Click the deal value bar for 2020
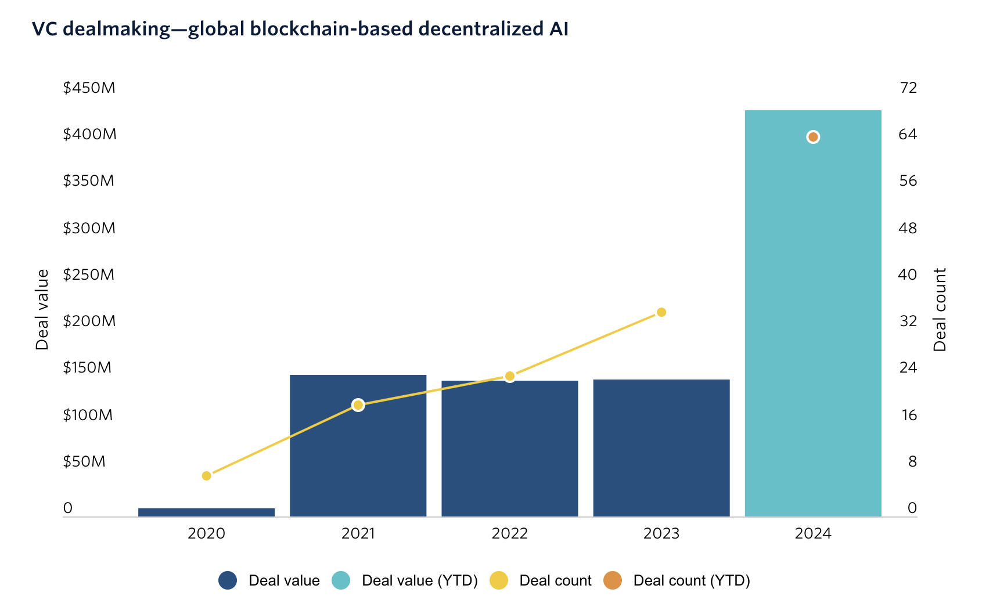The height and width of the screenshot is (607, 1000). point(206,512)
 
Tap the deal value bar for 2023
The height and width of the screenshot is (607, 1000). point(661,447)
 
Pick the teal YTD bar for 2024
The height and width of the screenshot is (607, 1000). point(812,313)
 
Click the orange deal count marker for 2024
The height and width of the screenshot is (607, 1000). point(813,137)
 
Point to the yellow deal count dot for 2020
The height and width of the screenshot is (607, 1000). point(206,476)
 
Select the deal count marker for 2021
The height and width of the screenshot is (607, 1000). point(358,405)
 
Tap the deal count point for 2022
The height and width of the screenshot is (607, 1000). point(510,377)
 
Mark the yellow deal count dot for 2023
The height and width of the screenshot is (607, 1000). point(661,312)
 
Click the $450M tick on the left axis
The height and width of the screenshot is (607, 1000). point(89,88)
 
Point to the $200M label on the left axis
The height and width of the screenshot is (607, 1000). point(89,321)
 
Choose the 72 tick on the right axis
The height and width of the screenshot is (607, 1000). point(908,88)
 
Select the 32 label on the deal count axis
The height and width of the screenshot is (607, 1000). point(908,321)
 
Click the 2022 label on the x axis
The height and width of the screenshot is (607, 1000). point(510,533)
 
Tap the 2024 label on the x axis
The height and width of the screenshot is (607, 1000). point(813,533)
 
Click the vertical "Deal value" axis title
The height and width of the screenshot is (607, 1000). point(42,309)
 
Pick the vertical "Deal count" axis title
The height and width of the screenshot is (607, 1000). point(940,309)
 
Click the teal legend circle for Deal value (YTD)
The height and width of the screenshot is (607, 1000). point(341,580)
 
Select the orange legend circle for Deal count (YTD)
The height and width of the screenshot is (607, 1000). point(613,580)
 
